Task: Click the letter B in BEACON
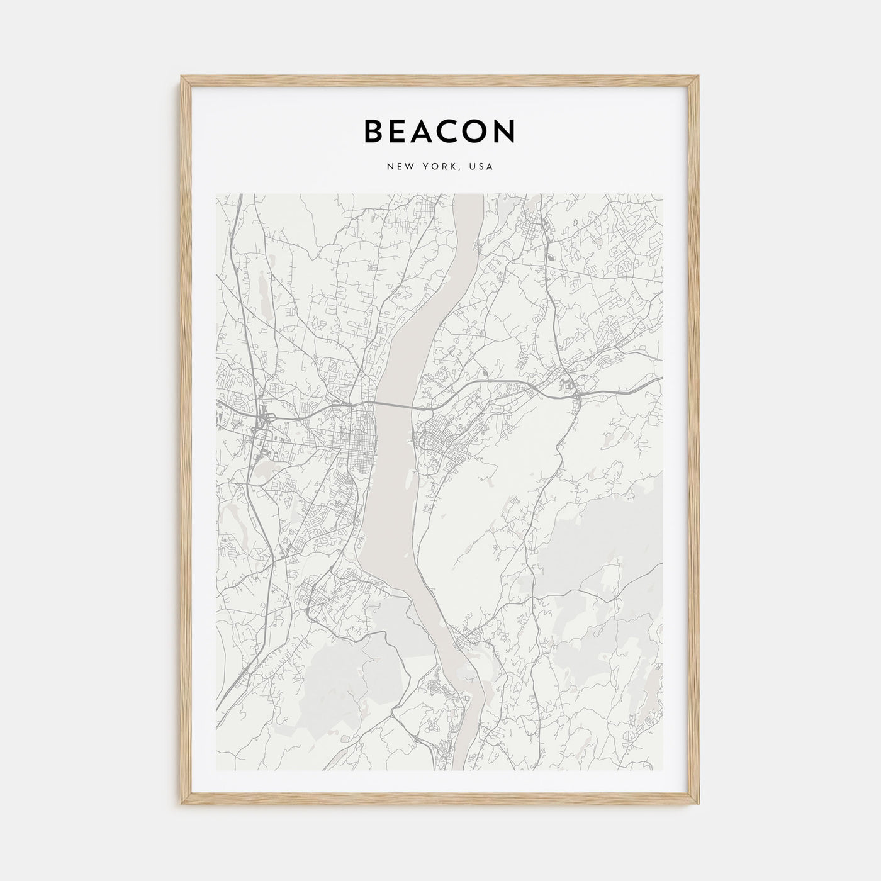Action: pos(374,131)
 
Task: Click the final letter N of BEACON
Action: pos(507,131)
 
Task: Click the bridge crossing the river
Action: pos(394,405)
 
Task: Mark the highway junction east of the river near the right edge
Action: pos(576,394)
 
